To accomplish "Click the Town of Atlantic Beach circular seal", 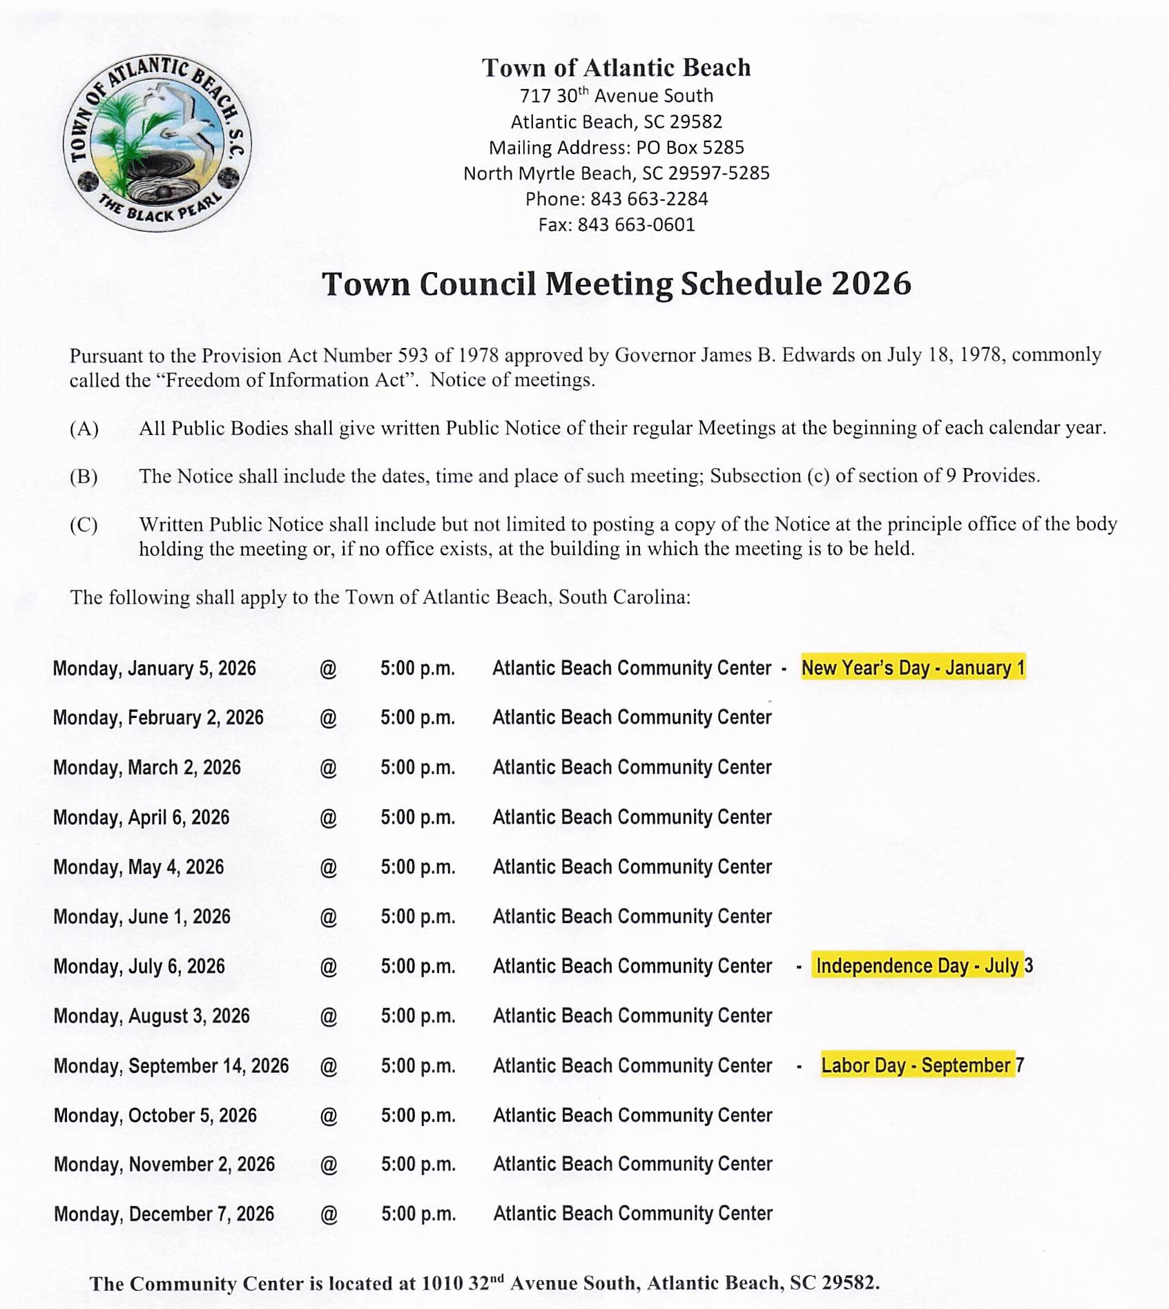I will point(157,144).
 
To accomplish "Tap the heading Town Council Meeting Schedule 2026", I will point(616,284).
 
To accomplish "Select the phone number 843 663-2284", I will point(648,199).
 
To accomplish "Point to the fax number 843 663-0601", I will point(635,224).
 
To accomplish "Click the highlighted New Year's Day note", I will point(913,668).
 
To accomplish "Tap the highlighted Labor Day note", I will point(922,1065).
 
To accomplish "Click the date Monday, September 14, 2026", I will point(171,1065).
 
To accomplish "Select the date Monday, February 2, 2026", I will point(158,717).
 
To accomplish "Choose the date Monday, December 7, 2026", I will point(164,1213).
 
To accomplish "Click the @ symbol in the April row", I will point(328,817).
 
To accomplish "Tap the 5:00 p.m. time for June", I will point(418,916).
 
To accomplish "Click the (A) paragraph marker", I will point(84,429).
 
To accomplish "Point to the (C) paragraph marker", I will point(84,525).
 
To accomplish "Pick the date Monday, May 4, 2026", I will point(138,866).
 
